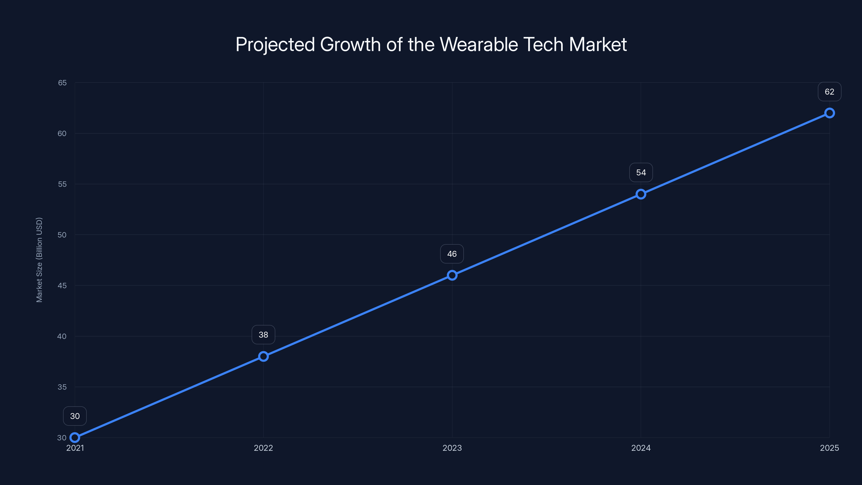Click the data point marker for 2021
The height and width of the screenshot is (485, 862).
(x=75, y=438)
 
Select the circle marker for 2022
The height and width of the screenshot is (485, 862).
(x=263, y=356)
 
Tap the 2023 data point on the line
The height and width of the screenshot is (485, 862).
(x=452, y=275)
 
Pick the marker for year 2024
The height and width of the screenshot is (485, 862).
(x=641, y=194)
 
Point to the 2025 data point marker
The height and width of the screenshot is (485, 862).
(x=830, y=113)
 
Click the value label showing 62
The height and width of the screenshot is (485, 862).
(x=830, y=92)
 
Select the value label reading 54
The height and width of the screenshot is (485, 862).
(x=641, y=173)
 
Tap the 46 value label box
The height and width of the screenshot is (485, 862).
(x=452, y=254)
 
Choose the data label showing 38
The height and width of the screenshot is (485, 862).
(x=263, y=335)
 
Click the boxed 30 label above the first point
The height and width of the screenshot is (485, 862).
(x=75, y=416)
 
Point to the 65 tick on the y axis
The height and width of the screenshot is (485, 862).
(x=62, y=83)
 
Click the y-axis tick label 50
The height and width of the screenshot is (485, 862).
(x=62, y=235)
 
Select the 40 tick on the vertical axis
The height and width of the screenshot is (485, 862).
(x=62, y=336)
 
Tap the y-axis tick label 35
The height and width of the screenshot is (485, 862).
(x=62, y=387)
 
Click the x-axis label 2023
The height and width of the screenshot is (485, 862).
(x=452, y=448)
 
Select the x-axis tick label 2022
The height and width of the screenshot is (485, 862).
(x=263, y=448)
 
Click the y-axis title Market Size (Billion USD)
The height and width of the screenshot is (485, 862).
(x=40, y=260)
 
